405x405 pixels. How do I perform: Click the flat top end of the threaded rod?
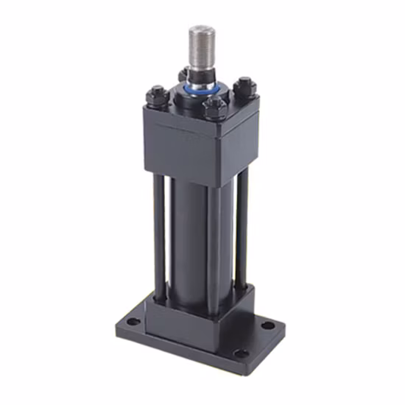tap(200, 29)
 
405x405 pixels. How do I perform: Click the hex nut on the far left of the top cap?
tap(157, 96)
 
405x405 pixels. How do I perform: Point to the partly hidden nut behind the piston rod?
tap(182, 74)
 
